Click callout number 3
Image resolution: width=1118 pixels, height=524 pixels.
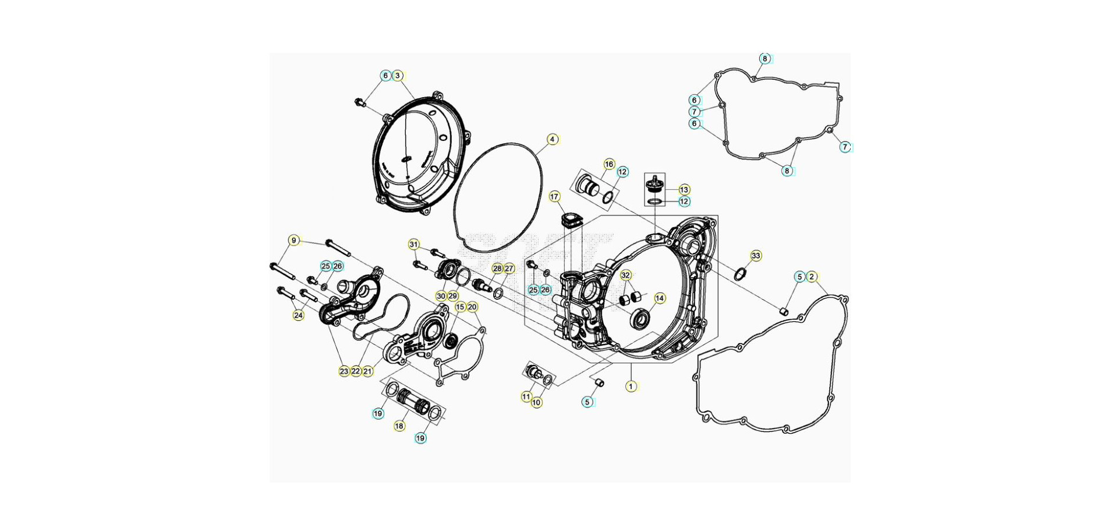click(x=398, y=76)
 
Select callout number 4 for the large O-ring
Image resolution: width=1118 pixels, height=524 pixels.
click(x=552, y=139)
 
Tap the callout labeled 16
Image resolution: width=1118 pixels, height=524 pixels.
click(x=609, y=164)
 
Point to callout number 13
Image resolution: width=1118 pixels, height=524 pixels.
click(x=684, y=189)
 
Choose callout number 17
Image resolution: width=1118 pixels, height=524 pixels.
click(x=554, y=197)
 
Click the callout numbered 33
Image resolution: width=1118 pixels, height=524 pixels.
click(x=755, y=256)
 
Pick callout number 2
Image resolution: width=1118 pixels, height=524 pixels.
click(x=812, y=277)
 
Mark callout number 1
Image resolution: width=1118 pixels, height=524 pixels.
click(x=631, y=386)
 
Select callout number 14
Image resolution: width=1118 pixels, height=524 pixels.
click(x=659, y=298)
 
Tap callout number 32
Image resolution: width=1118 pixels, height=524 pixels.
click(x=625, y=275)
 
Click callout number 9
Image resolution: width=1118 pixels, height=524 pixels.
click(x=294, y=240)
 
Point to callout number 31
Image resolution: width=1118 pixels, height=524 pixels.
click(x=413, y=245)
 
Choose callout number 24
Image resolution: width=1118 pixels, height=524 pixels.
click(x=298, y=315)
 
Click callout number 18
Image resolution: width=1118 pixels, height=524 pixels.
click(x=399, y=426)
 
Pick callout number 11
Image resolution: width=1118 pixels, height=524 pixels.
click(x=526, y=396)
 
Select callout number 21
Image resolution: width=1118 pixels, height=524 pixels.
click(x=367, y=371)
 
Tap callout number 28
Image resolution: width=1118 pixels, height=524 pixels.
click(x=497, y=268)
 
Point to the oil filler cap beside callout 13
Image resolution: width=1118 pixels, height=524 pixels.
click(x=655, y=185)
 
